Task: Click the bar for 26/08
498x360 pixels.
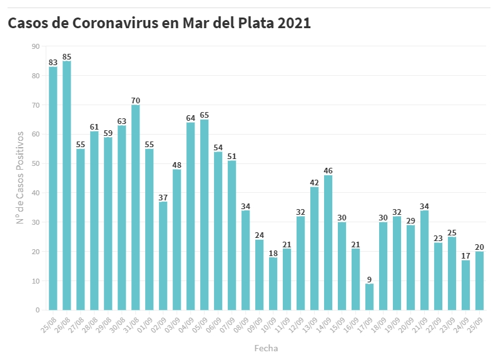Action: (67, 185)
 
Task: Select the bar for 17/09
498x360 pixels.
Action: (370, 297)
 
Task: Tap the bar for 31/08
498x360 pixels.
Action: (136, 207)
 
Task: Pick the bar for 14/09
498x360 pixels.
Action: (328, 242)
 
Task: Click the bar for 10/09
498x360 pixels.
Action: (273, 284)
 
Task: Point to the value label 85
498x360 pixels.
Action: (67, 56)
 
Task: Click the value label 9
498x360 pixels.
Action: (370, 279)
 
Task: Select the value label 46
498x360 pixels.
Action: (328, 171)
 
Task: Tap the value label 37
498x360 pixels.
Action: (163, 197)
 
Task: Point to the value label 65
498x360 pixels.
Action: (205, 115)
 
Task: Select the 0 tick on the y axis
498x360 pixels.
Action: (38, 310)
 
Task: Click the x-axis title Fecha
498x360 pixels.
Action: (266, 348)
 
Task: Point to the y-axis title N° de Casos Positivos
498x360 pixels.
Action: (20, 178)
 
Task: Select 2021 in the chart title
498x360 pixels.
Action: (294, 23)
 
